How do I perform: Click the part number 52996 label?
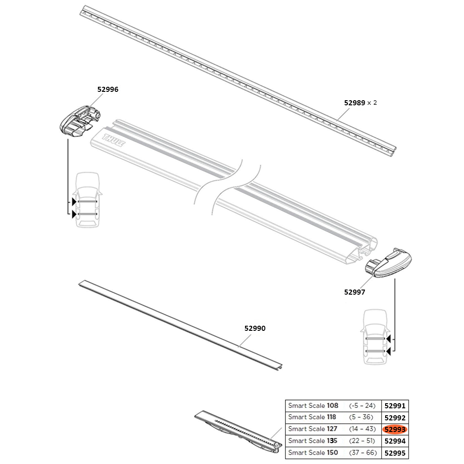pyautogui.click(x=108, y=90)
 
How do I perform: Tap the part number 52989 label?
pyautogui.click(x=354, y=103)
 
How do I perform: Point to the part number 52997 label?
pyautogui.click(x=354, y=292)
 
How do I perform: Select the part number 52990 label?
pyautogui.click(x=255, y=329)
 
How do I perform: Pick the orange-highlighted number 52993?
pyautogui.click(x=395, y=429)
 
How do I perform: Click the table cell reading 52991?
pyautogui.click(x=395, y=406)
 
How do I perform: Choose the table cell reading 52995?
pyautogui.click(x=395, y=453)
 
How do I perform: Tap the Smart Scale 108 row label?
pyautogui.click(x=313, y=406)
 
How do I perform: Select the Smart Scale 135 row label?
pyautogui.click(x=313, y=441)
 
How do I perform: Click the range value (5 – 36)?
pyautogui.click(x=362, y=417)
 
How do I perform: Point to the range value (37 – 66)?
pyautogui.click(x=362, y=453)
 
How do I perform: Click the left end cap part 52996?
pyautogui.click(x=79, y=121)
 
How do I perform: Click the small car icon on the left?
pyautogui.click(x=88, y=200)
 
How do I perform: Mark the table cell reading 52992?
pyautogui.click(x=395, y=417)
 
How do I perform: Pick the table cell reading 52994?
pyautogui.click(x=395, y=441)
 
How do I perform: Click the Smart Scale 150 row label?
pyautogui.click(x=313, y=453)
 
